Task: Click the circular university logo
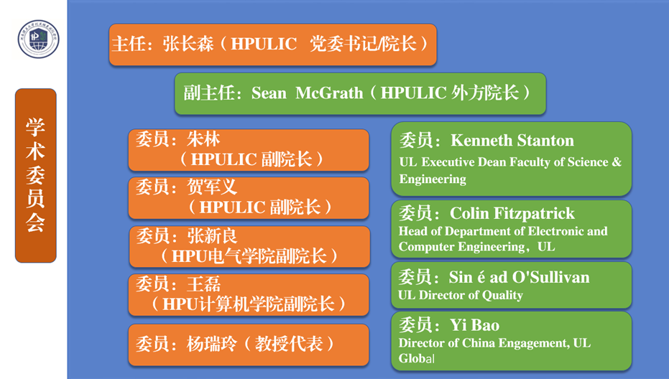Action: coord(38,39)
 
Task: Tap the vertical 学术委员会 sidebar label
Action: coord(35,175)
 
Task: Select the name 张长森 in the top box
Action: coord(188,44)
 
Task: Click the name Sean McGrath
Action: coord(308,93)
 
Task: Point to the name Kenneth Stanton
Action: coord(512,140)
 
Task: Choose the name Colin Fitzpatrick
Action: coord(512,213)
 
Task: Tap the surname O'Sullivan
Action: coord(551,278)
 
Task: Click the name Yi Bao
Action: coord(474,325)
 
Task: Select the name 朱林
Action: coord(203,139)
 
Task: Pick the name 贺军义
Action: coord(212,187)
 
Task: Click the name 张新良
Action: coord(212,235)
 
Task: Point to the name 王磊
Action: coord(203,284)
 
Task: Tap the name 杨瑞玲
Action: coord(212,344)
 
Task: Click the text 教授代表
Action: coord(289,344)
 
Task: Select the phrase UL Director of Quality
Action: coord(461,295)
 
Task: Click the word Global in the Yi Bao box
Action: coord(417,358)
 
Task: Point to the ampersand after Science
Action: coord(617,162)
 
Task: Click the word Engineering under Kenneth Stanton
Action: coord(433,179)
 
